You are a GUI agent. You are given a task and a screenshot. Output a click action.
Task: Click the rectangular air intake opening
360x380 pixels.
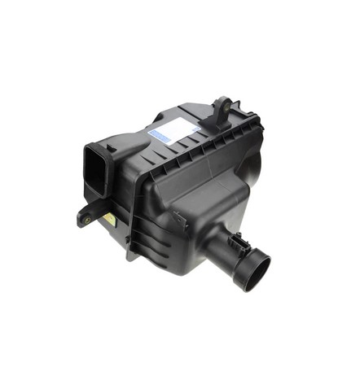[95, 169]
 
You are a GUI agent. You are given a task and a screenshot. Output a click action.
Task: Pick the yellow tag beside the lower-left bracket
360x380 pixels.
[108, 218]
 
